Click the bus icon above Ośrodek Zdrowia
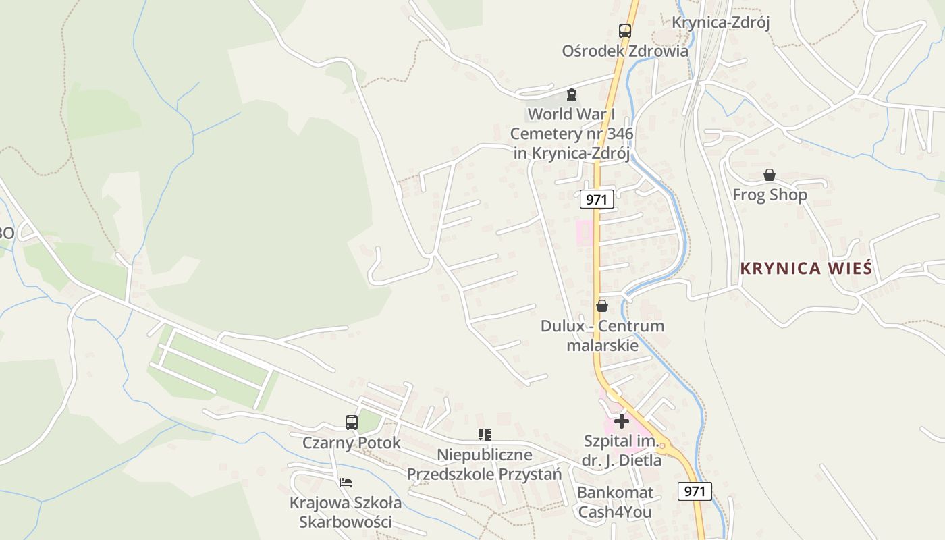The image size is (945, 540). coord(625,30)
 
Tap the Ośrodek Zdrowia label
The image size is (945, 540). coord(625,51)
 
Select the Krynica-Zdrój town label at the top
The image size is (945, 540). coord(720,22)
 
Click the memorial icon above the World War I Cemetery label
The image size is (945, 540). coord(572,94)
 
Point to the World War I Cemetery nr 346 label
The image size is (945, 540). coord(572,134)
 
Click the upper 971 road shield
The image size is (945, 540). coord(597,199)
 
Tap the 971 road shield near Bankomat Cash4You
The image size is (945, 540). coord(695,491)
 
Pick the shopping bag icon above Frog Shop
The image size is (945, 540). coord(769,175)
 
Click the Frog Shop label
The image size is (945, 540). coord(769,195)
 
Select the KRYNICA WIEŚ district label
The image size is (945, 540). coord(806,269)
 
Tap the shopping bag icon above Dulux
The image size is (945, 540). coord(602,306)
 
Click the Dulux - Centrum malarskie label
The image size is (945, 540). coord(602,335)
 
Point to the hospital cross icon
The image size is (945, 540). coord(622,421)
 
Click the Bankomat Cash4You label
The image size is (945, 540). coord(615,502)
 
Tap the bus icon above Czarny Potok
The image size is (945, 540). coord(352,423)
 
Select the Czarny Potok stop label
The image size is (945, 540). coord(352,443)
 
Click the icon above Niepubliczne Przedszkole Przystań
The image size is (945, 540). coord(484,435)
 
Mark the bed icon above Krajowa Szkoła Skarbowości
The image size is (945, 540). coord(346,483)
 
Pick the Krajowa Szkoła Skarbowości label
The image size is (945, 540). coord(346,512)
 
